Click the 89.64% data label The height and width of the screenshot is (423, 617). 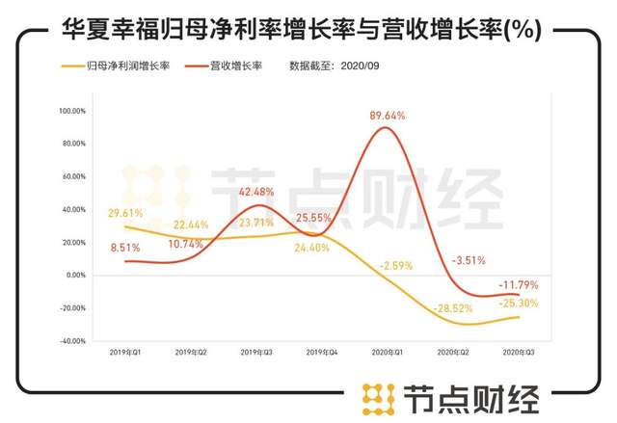[388, 116]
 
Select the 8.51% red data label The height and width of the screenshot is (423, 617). [125, 248]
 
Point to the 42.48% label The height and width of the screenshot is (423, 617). [255, 190]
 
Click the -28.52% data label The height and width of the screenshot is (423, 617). [453, 308]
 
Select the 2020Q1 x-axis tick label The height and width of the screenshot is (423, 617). [388, 354]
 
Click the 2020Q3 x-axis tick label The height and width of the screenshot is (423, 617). [520, 354]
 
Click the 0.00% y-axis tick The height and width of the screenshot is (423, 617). [76, 275]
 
